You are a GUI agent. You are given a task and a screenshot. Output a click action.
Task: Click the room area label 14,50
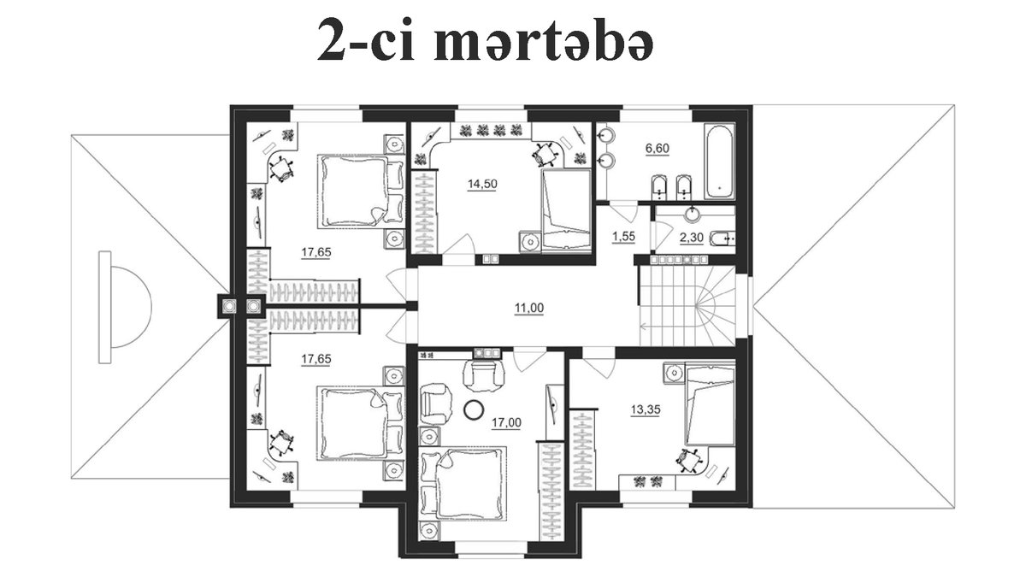[482, 184]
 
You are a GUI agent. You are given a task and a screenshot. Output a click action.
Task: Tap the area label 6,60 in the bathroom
[657, 149]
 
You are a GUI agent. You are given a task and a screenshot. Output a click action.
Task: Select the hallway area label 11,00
[529, 308]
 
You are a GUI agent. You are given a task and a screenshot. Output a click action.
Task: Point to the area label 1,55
[624, 236]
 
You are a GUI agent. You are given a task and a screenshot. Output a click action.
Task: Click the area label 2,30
[691, 238]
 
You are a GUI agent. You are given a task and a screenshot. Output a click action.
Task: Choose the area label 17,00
[506, 422]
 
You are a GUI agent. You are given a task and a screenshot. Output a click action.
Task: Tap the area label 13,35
[646, 409]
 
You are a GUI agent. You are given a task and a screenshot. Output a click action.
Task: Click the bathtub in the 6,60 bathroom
[719, 162]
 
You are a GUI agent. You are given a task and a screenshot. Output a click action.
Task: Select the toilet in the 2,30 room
[722, 238]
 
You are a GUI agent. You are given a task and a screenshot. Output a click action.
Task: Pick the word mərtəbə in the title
[543, 40]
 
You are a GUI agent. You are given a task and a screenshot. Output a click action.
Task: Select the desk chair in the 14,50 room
[544, 154]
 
